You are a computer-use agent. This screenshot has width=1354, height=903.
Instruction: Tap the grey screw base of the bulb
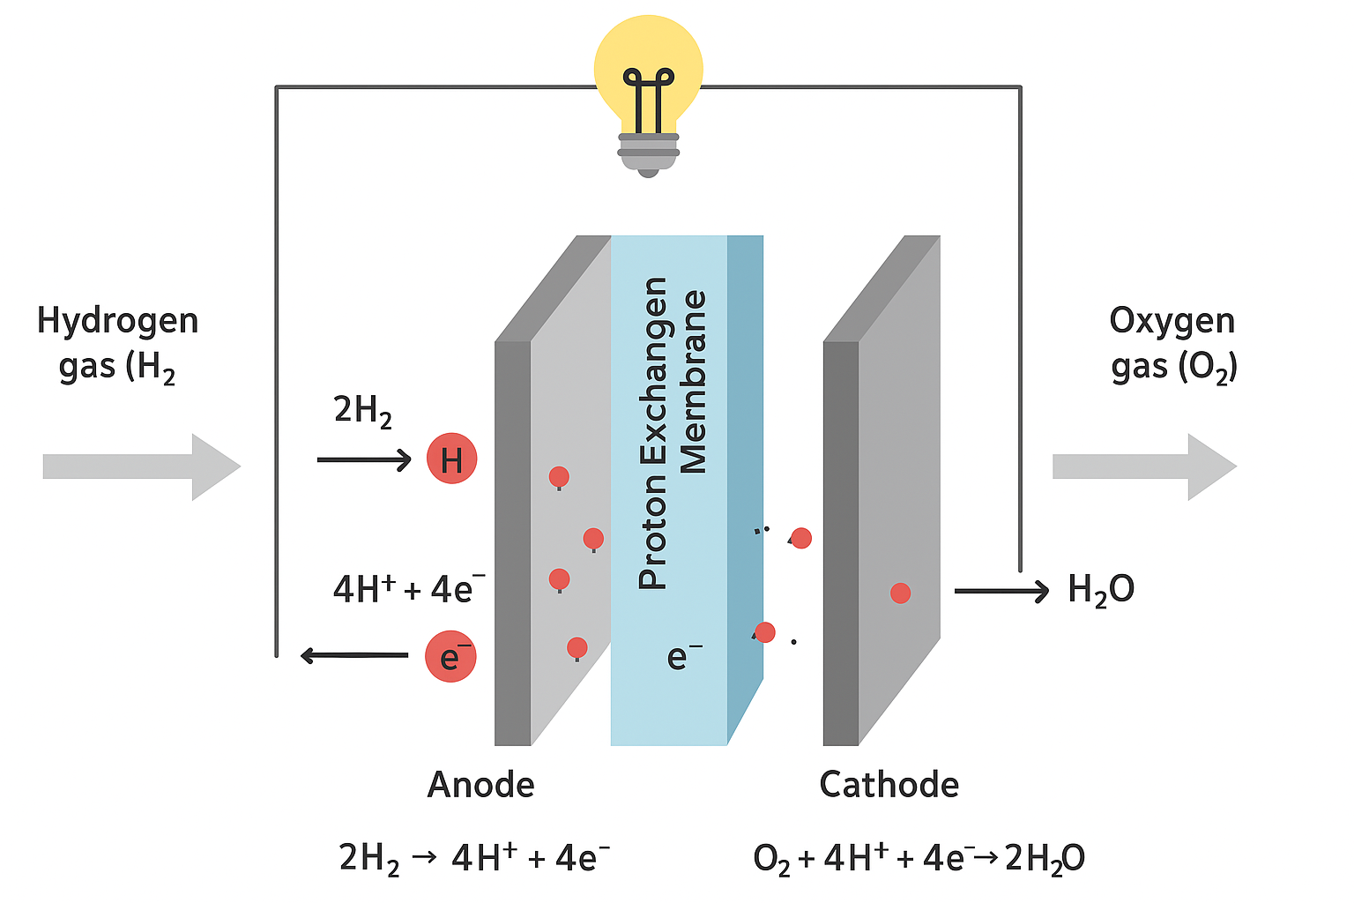click(648, 152)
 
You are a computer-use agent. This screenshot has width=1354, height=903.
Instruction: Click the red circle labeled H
click(451, 459)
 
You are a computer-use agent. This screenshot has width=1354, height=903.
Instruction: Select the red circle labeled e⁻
click(450, 656)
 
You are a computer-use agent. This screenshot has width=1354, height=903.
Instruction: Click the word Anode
click(480, 784)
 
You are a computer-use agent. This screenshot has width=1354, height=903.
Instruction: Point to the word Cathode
click(889, 784)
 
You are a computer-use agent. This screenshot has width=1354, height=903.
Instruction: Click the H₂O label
click(1100, 590)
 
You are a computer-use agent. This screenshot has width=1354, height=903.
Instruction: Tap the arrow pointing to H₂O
click(1001, 590)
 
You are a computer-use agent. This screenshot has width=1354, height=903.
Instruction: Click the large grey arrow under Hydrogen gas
click(141, 466)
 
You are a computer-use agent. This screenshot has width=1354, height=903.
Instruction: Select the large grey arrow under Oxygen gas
click(1144, 466)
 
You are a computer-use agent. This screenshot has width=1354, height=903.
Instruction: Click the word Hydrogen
click(117, 321)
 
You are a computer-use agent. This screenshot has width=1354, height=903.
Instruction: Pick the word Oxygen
click(1172, 321)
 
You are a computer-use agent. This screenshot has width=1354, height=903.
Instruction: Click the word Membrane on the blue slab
click(695, 381)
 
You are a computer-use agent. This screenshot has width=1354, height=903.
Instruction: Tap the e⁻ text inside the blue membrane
click(684, 656)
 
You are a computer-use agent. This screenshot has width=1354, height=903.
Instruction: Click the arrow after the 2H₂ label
click(364, 459)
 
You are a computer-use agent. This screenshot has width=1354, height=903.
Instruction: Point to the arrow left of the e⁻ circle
click(353, 655)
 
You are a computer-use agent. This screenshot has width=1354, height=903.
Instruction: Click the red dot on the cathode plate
click(900, 593)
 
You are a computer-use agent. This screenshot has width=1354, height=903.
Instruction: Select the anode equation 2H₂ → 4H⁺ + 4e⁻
click(474, 858)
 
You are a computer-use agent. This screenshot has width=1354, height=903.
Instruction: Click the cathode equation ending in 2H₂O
click(919, 858)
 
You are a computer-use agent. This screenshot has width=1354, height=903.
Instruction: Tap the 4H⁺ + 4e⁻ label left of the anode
click(408, 588)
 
